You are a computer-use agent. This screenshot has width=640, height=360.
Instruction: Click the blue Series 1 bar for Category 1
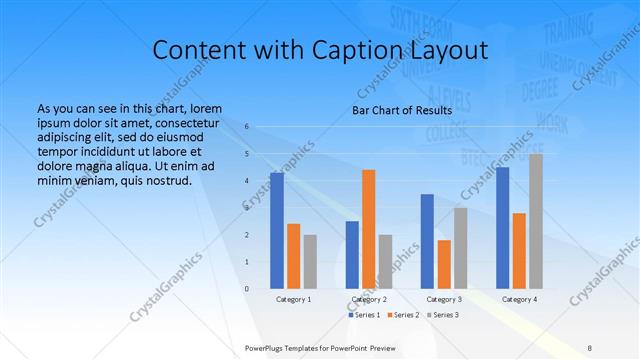tap(277, 231)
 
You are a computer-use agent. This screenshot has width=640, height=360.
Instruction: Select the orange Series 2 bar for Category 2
tap(368, 229)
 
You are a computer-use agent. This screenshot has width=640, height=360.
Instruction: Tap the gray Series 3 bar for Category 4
tap(536, 221)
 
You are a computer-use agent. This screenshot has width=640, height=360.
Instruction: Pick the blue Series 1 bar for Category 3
tap(427, 241)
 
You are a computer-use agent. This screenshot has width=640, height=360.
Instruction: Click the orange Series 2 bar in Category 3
tap(444, 264)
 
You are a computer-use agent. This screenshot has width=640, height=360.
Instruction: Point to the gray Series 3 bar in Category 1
tap(310, 262)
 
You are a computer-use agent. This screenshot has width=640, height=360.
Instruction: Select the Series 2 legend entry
tap(404, 315)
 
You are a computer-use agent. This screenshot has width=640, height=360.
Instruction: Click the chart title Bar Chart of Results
tap(401, 110)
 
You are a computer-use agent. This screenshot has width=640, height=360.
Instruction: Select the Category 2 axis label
tap(369, 299)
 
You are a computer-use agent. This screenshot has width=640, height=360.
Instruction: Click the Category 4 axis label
tap(519, 299)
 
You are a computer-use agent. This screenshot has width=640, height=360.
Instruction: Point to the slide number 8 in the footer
tap(590, 347)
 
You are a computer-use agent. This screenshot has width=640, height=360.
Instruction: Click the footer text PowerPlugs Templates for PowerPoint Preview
tap(319, 347)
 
